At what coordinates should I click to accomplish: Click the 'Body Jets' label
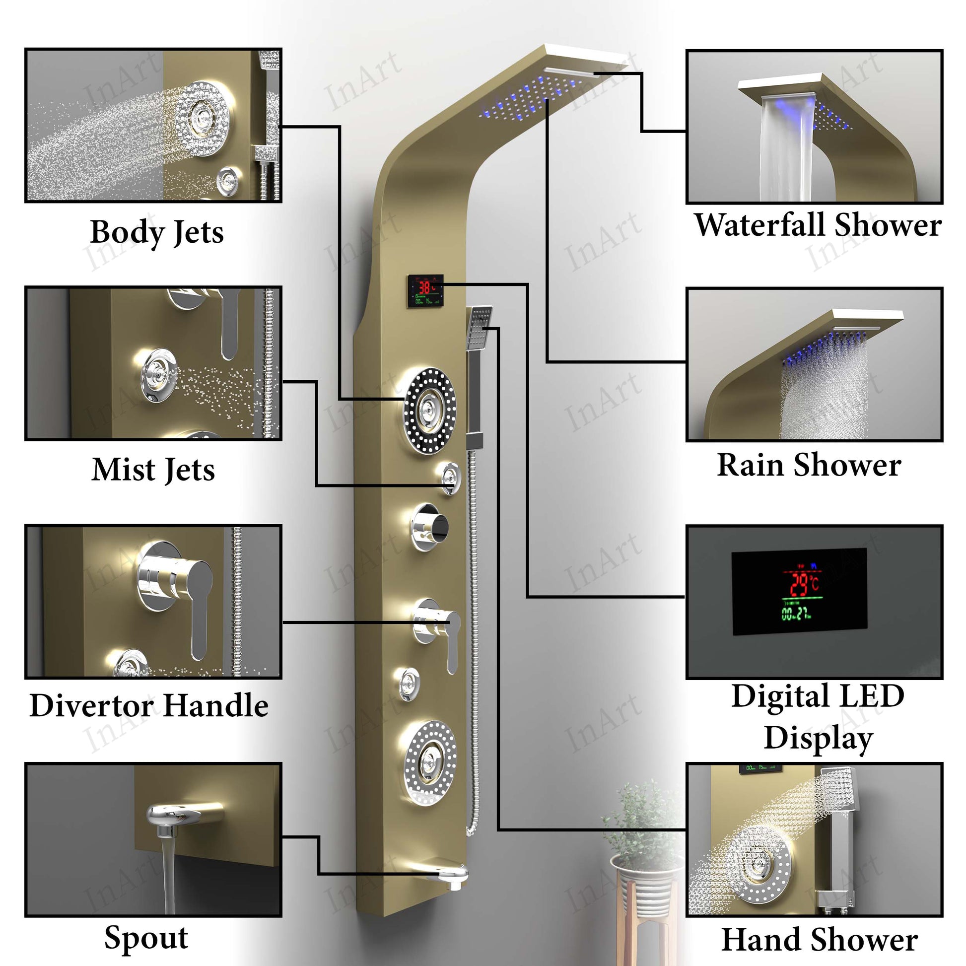click(x=156, y=232)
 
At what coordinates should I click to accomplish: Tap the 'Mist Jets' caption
click(x=153, y=470)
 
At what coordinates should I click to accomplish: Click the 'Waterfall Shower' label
click(x=818, y=225)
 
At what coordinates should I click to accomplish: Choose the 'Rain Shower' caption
click(x=809, y=465)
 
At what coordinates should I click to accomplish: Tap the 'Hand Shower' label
click(x=819, y=940)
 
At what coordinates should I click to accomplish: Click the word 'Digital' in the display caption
click(x=773, y=696)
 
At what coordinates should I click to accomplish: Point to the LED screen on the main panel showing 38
click(x=425, y=290)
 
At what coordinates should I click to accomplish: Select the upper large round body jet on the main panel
click(x=429, y=411)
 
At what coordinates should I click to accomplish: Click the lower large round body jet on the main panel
click(x=429, y=763)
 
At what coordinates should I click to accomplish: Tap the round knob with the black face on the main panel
click(x=429, y=527)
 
